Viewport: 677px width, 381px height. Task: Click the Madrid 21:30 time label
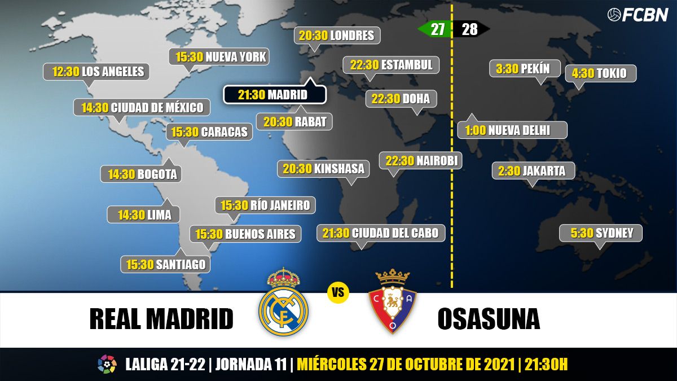(x=274, y=94)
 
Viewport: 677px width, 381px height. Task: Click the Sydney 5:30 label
(x=600, y=233)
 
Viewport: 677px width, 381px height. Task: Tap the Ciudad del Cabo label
(x=380, y=233)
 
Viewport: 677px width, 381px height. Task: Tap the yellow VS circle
(x=338, y=292)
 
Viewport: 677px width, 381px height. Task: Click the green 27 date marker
(x=436, y=29)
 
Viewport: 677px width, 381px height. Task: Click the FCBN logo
(x=638, y=15)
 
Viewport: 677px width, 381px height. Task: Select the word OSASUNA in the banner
(x=488, y=319)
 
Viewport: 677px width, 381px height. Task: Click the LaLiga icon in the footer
(x=107, y=364)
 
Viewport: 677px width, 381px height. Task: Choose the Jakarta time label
(x=533, y=170)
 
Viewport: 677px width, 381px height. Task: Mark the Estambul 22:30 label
(x=391, y=65)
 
